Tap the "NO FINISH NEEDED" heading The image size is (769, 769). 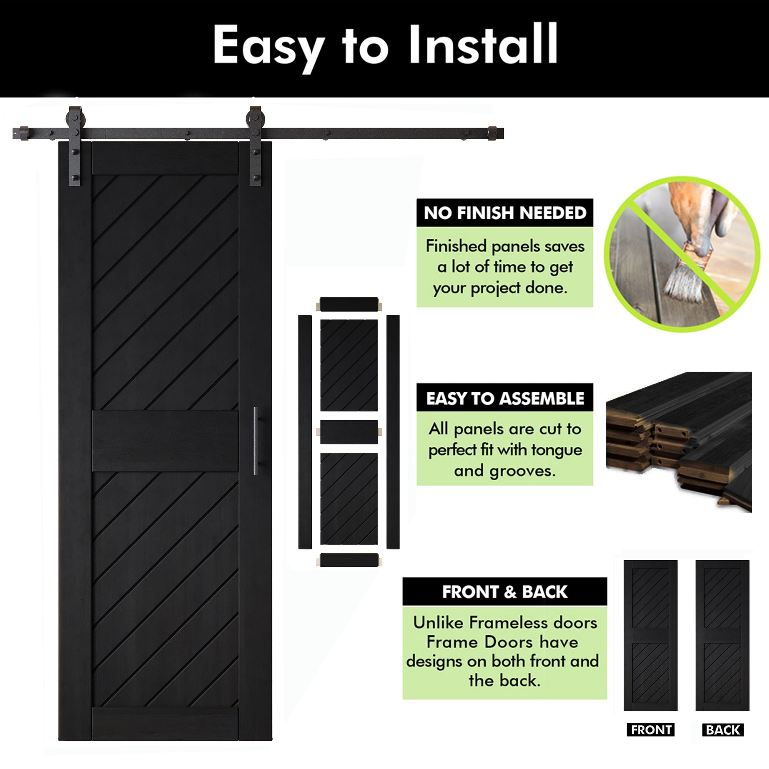click(x=505, y=213)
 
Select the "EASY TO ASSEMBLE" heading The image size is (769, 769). click(x=505, y=398)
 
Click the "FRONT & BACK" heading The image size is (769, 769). click(x=504, y=592)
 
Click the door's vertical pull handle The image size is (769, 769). click(x=256, y=441)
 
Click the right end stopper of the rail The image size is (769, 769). click(x=493, y=133)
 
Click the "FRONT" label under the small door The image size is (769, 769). click(x=651, y=730)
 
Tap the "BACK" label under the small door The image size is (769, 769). click(x=723, y=730)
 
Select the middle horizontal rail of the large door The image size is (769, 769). click(x=165, y=441)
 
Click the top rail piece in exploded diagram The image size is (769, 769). click(x=349, y=305)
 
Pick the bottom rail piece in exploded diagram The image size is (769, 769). click(x=349, y=560)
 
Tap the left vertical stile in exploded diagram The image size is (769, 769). click(x=305, y=432)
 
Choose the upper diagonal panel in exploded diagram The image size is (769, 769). click(x=349, y=365)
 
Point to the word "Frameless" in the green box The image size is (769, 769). click(x=505, y=623)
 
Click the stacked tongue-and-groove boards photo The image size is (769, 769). click(x=679, y=442)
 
